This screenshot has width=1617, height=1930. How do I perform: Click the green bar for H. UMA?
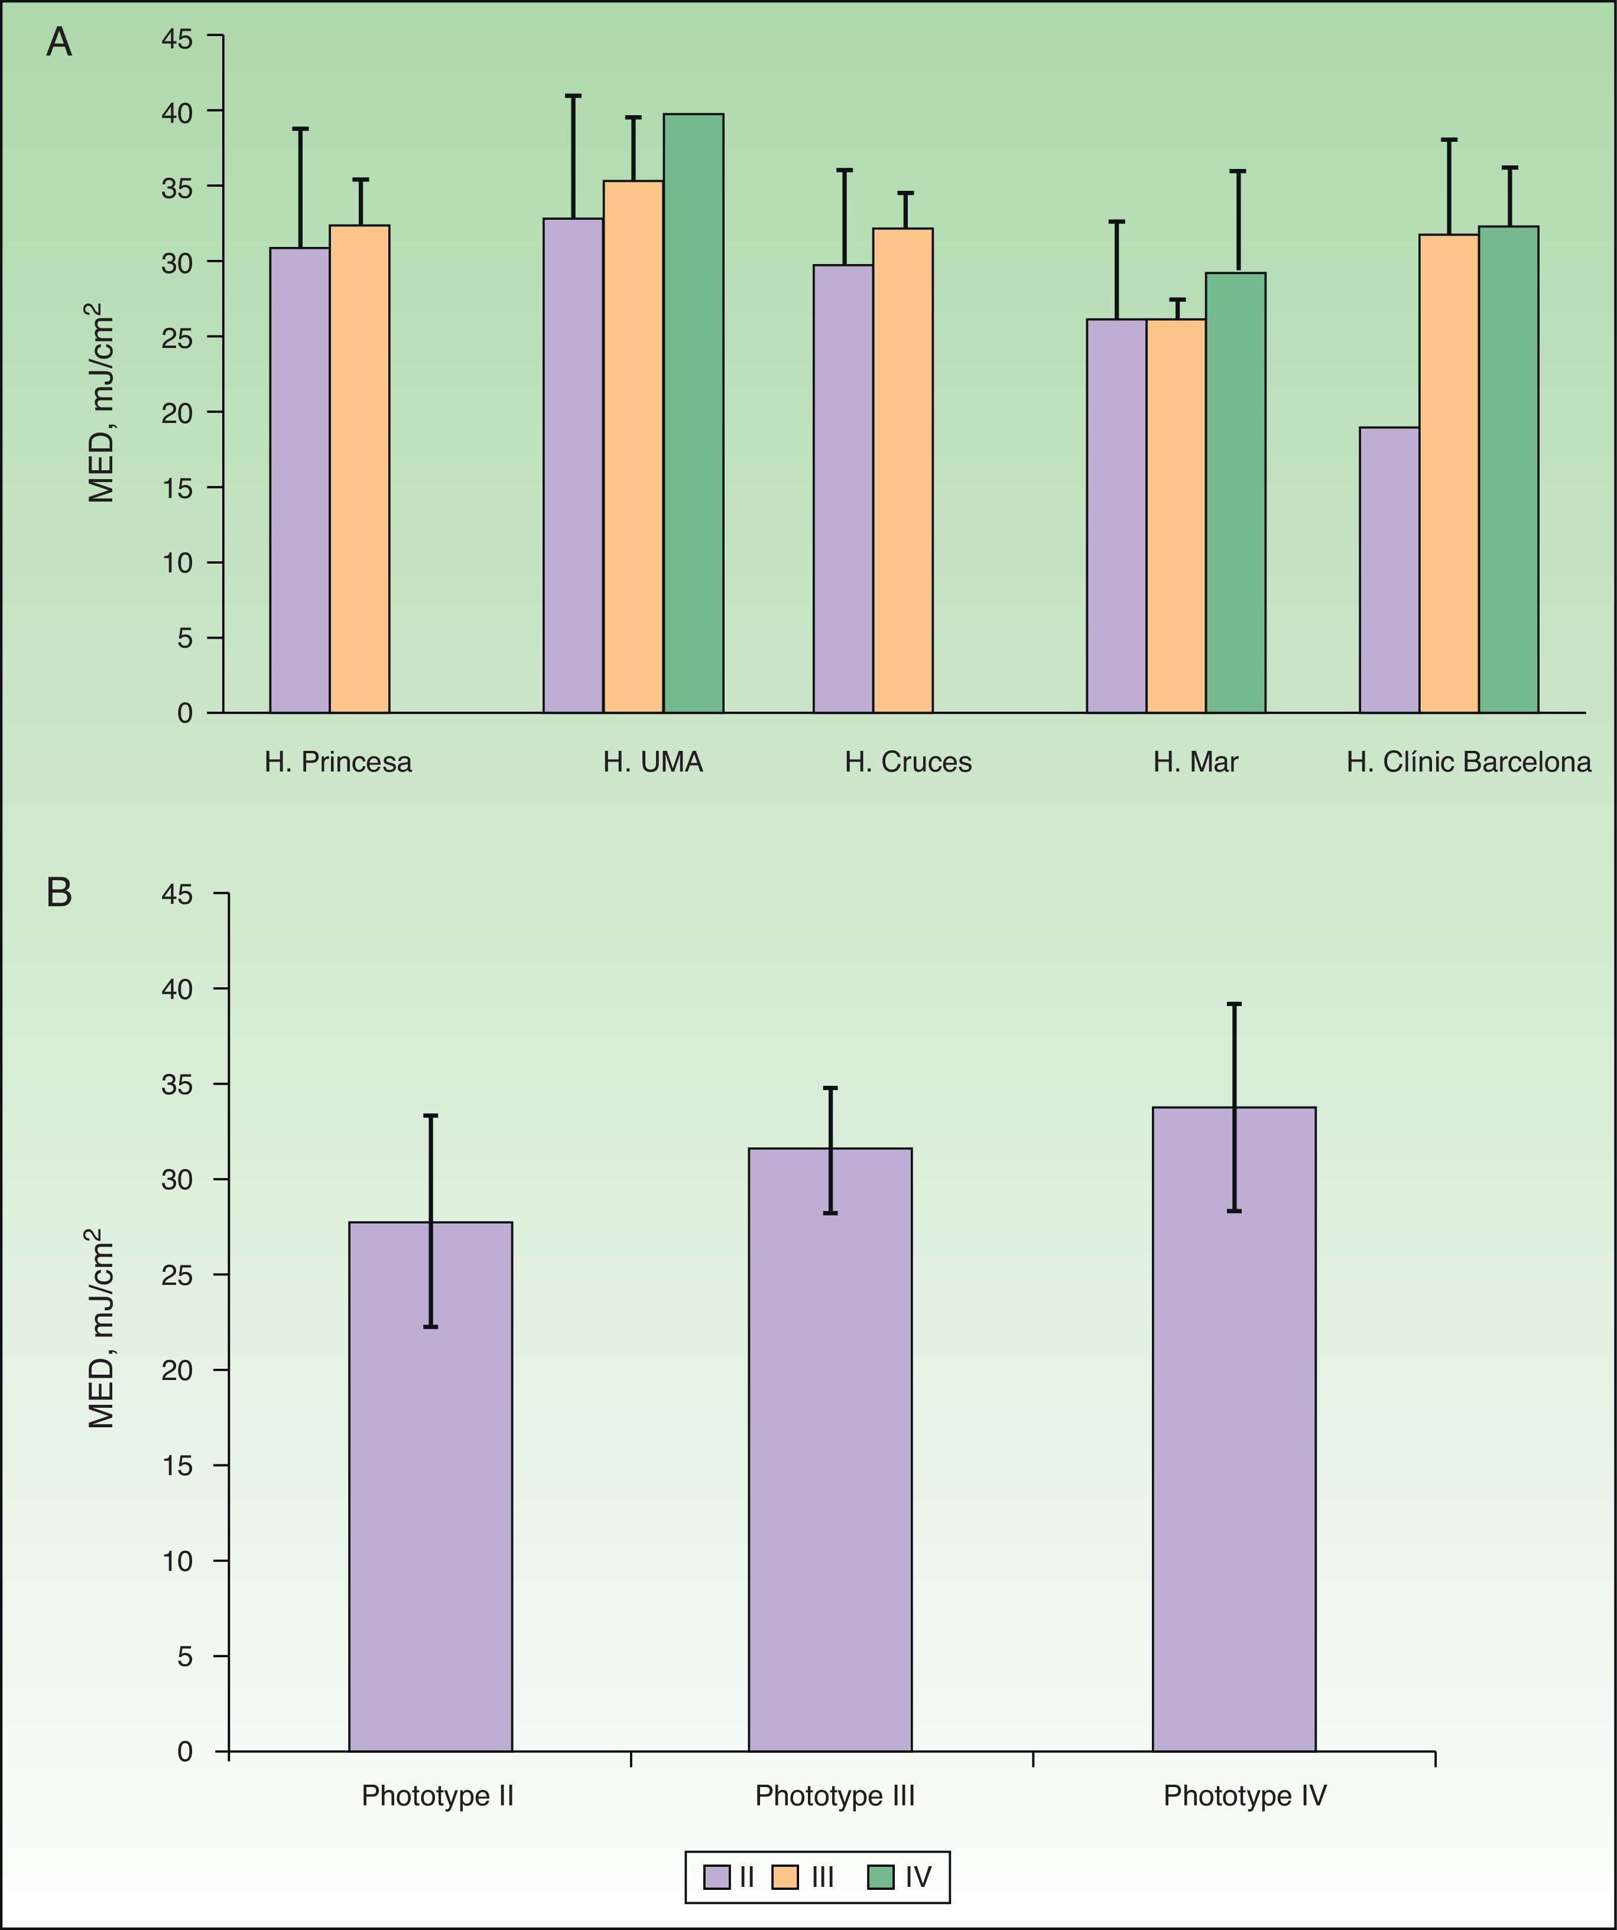[x=693, y=414]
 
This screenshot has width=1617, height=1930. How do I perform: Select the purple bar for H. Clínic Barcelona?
[x=1389, y=570]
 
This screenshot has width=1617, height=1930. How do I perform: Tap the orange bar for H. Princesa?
[x=359, y=468]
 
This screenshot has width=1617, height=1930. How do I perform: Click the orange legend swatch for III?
[x=785, y=1877]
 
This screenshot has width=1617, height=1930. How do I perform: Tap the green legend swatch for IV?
[x=881, y=1877]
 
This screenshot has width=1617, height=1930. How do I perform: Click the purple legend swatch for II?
[x=716, y=1877]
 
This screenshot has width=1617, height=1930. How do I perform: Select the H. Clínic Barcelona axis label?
[x=1468, y=762]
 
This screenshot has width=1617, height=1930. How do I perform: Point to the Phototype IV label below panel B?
[x=1245, y=1796]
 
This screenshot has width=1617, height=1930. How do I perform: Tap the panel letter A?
[x=59, y=43]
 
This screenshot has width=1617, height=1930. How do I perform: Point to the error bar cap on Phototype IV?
[x=1233, y=1004]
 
